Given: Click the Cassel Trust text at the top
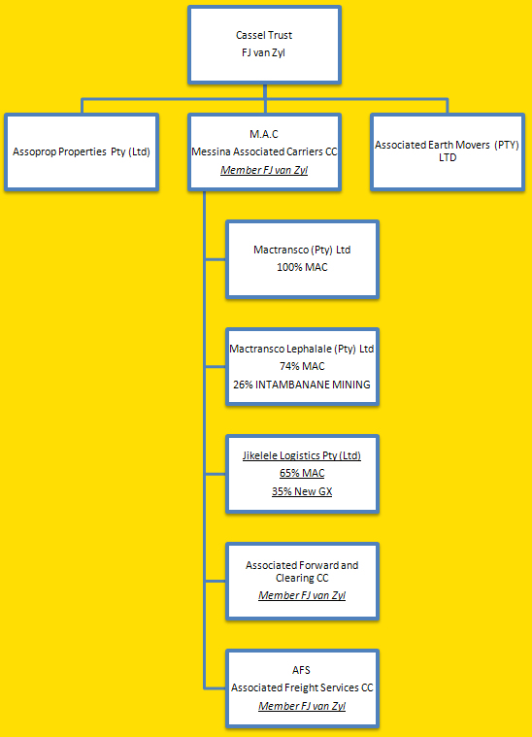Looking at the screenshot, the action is pyautogui.click(x=264, y=35).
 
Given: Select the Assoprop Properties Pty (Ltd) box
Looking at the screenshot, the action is pyautogui.click(x=82, y=152).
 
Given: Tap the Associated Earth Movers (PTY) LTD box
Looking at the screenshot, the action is pyautogui.click(x=447, y=152).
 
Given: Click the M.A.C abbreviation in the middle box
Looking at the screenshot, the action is pyautogui.click(x=264, y=134).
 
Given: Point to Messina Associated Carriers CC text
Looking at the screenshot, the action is pyautogui.click(x=264, y=151).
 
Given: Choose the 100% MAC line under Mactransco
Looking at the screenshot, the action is pyautogui.click(x=302, y=267).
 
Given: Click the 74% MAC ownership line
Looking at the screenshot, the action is pyautogui.click(x=302, y=366).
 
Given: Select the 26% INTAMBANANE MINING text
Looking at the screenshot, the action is pyautogui.click(x=302, y=385).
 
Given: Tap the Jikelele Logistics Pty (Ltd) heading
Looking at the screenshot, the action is pyautogui.click(x=302, y=455).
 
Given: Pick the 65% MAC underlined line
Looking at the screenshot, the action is pyautogui.click(x=302, y=473).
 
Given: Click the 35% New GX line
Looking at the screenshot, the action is pyautogui.click(x=302, y=491).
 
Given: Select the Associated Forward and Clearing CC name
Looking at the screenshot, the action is pyautogui.click(x=302, y=572).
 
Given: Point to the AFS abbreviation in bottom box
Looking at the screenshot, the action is pyautogui.click(x=301, y=670).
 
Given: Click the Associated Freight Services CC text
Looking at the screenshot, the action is pyautogui.click(x=302, y=687).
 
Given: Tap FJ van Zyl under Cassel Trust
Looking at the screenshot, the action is pyautogui.click(x=263, y=52).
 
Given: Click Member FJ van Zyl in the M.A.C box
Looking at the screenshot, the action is pyautogui.click(x=264, y=170).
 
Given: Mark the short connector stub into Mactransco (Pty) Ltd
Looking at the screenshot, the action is pyautogui.click(x=216, y=259).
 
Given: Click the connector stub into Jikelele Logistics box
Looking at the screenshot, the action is pyautogui.click(x=216, y=474).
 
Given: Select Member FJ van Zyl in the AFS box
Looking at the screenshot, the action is pyautogui.click(x=302, y=706).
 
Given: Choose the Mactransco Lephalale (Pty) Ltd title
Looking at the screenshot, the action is pyautogui.click(x=302, y=349).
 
